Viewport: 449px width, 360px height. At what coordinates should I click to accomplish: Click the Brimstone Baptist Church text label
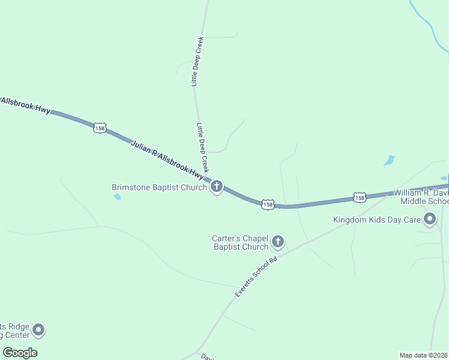(159, 187)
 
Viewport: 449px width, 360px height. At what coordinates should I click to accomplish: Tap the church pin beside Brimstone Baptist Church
(217, 187)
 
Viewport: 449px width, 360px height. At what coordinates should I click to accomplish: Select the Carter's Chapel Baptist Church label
(240, 242)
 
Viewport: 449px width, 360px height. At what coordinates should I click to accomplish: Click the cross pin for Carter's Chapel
(277, 242)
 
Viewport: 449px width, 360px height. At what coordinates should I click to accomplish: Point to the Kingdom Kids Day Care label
(377, 220)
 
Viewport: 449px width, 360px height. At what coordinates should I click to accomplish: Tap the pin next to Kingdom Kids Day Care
(430, 219)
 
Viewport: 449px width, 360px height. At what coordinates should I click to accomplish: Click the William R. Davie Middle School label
(421, 197)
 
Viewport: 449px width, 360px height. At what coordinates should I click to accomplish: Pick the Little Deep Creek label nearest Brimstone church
(202, 148)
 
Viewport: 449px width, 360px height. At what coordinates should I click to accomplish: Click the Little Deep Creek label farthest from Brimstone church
(198, 62)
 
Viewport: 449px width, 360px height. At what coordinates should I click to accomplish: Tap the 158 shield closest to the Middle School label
(359, 197)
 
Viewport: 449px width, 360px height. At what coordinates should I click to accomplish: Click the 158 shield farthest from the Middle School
(100, 128)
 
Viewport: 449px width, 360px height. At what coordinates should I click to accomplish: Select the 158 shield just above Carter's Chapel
(268, 205)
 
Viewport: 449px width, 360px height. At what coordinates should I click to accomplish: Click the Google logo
(20, 353)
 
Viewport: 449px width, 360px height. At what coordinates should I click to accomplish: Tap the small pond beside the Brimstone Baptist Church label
(117, 197)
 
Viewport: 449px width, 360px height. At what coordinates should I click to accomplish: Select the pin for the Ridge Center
(38, 329)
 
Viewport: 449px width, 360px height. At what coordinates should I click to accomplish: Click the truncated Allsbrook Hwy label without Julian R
(25, 105)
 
